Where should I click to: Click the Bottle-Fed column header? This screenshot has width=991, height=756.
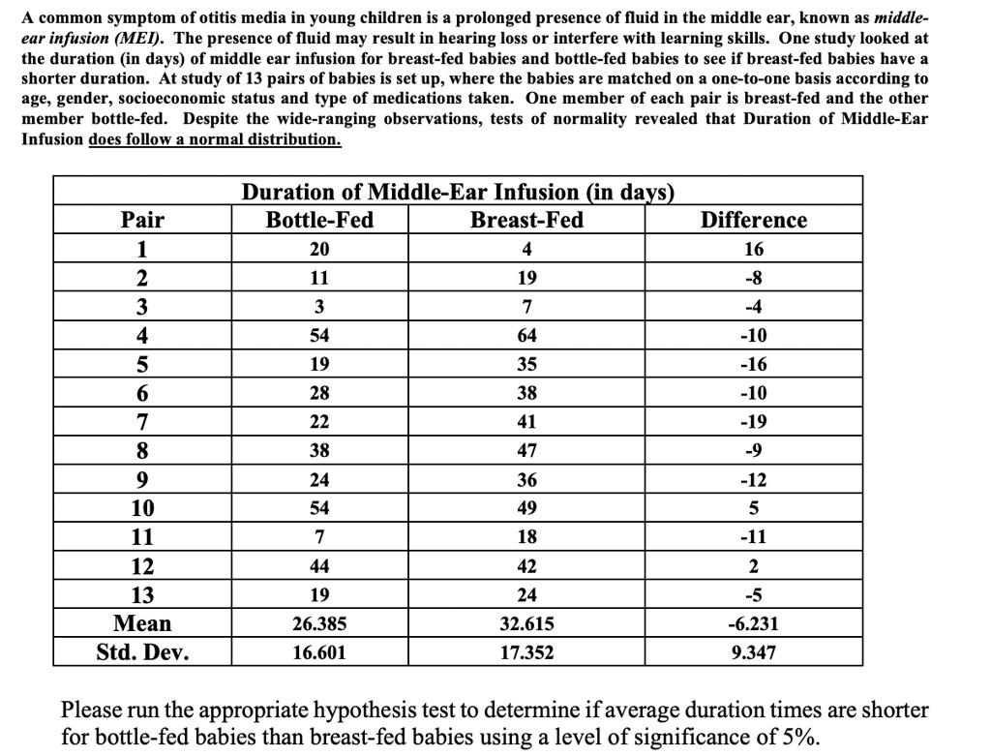click(x=319, y=220)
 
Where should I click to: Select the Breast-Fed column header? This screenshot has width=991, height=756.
click(x=526, y=220)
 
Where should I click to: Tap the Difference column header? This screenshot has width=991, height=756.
click(x=753, y=220)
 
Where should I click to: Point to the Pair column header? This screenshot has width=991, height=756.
click(x=142, y=220)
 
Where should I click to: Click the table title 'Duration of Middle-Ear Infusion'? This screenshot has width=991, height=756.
click(x=457, y=192)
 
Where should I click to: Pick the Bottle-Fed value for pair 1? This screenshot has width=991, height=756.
click(x=319, y=249)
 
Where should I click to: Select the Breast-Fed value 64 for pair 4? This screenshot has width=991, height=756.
click(x=526, y=336)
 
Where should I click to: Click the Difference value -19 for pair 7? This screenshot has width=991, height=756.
click(x=753, y=423)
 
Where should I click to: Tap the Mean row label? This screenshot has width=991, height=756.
click(x=142, y=623)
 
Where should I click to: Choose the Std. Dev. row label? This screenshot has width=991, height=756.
click(x=142, y=652)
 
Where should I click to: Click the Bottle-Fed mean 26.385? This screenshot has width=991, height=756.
click(x=319, y=624)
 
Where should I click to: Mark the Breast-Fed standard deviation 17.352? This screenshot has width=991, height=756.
click(x=526, y=653)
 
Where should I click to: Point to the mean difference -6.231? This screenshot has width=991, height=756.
click(x=753, y=624)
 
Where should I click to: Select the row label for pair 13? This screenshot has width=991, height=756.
click(x=142, y=594)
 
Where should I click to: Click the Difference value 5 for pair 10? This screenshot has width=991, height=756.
click(x=753, y=508)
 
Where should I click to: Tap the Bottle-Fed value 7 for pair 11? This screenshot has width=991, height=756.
click(x=319, y=537)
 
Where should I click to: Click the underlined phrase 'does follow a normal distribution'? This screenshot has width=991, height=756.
click(x=214, y=138)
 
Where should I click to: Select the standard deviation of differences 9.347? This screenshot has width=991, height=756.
click(x=753, y=653)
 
